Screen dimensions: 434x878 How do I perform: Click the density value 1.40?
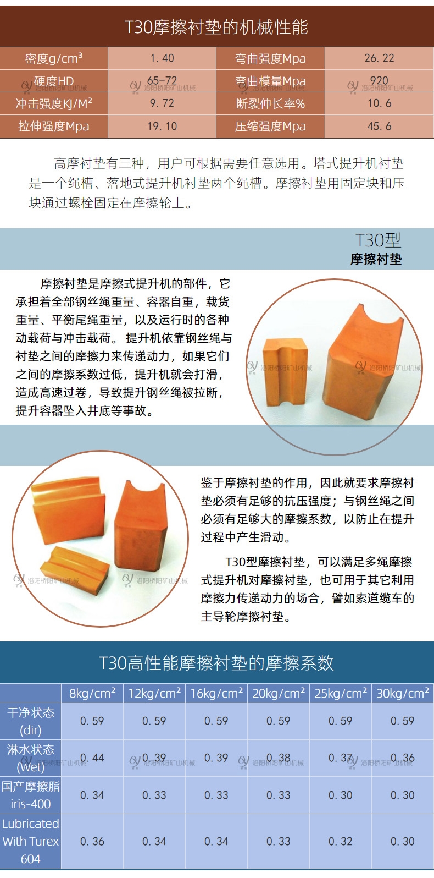point(162,58)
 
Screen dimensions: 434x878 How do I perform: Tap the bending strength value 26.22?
point(379,58)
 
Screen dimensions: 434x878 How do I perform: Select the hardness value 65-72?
point(162,81)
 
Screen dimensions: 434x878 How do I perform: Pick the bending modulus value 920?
point(379,81)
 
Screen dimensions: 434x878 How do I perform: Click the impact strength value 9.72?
point(162,103)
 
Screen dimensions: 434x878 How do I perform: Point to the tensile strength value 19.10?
point(162,126)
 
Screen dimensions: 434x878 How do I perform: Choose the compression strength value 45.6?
point(379,126)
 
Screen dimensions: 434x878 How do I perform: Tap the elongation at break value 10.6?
point(379,103)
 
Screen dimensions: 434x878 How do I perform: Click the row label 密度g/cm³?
point(54,58)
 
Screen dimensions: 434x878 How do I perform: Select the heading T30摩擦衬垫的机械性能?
point(216,27)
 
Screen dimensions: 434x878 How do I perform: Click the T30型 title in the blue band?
point(378,240)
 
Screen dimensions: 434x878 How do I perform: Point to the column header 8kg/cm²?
point(92,693)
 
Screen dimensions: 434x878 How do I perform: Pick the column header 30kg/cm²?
point(403,693)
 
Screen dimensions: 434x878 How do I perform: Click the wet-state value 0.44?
point(92,758)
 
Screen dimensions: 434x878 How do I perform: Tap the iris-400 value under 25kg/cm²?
point(341,795)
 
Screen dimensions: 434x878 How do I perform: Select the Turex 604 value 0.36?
point(92,841)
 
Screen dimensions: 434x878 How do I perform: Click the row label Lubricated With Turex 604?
point(31,841)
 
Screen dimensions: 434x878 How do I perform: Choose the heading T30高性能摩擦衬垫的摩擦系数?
point(216,663)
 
